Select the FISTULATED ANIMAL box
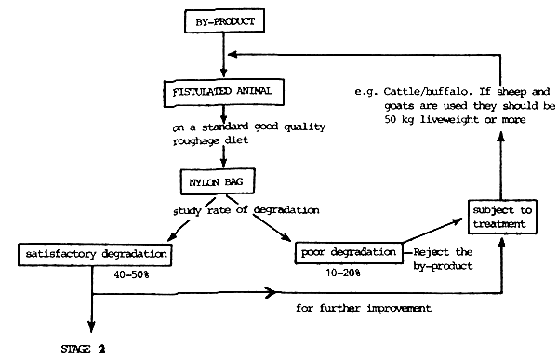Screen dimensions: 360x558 tap(222, 93)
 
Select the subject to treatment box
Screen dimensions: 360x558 tap(502, 218)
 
